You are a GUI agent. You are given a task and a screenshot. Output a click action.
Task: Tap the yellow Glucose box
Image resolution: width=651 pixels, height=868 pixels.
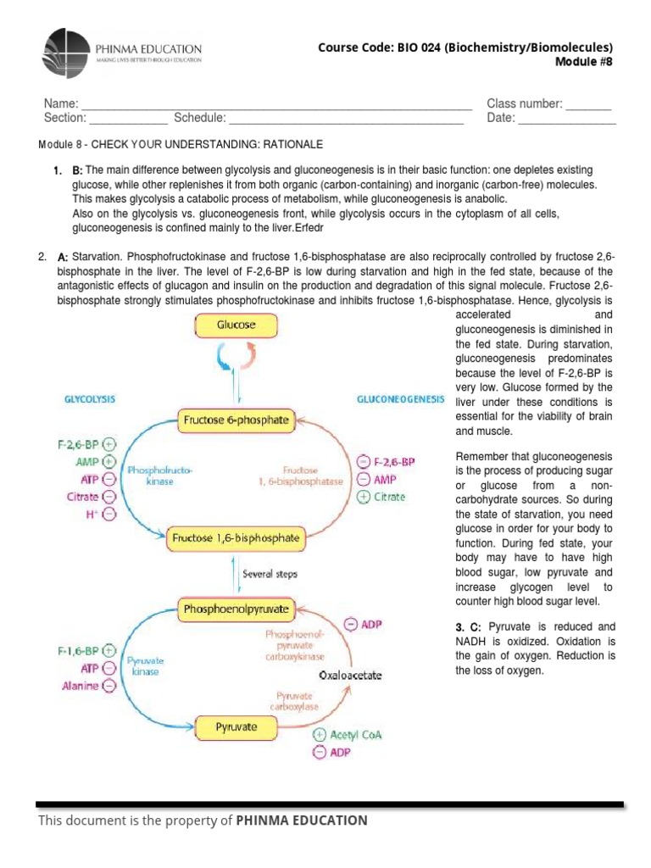[x=236, y=325]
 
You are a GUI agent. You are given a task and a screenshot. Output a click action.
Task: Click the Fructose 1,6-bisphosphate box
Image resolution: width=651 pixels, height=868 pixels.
[x=236, y=537]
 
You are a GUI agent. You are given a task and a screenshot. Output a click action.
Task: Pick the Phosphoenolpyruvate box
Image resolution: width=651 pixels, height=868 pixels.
[x=236, y=609]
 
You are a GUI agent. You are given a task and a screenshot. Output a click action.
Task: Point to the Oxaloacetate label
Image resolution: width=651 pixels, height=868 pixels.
[x=350, y=676]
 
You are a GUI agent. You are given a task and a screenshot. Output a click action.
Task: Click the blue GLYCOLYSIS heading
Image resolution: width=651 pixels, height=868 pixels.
[x=90, y=398]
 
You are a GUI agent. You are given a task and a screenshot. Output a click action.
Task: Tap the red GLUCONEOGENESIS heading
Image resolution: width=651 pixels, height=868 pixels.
[x=400, y=398]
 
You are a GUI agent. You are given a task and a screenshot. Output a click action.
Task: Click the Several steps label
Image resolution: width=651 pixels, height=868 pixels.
[x=270, y=574]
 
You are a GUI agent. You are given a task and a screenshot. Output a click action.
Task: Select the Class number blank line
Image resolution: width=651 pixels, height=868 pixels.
[x=588, y=104]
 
